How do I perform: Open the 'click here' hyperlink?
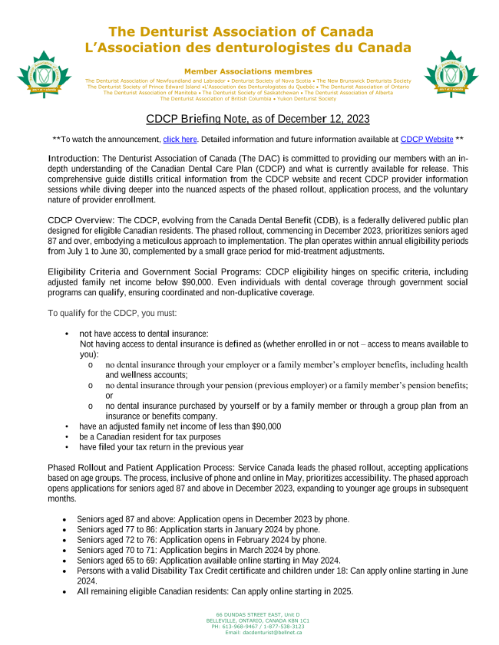[180, 140]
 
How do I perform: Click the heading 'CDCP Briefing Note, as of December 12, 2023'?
[246, 119]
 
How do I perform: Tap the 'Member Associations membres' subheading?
[248, 71]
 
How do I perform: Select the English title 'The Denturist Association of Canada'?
[241, 32]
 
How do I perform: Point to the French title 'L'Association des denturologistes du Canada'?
[248, 48]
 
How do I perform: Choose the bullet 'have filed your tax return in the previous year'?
[161, 447]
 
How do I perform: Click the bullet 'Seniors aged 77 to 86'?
[198, 529]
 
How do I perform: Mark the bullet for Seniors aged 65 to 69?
[207, 561]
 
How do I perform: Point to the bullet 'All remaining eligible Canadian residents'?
[214, 591]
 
